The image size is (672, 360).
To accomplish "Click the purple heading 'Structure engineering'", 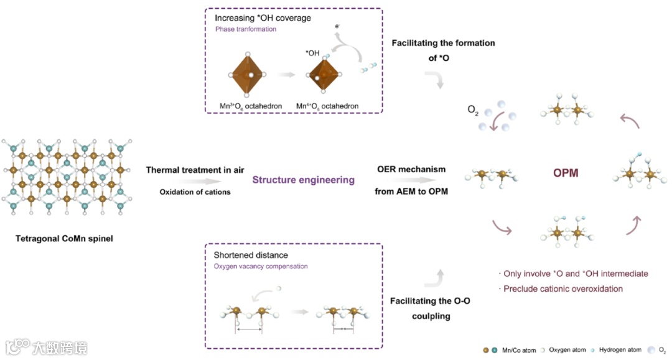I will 303,180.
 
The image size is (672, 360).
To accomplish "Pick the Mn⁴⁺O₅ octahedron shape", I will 325,75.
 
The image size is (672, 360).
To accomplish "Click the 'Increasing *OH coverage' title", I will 263,18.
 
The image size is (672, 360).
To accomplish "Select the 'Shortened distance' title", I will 251,256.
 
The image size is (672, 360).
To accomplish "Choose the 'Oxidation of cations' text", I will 195,192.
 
